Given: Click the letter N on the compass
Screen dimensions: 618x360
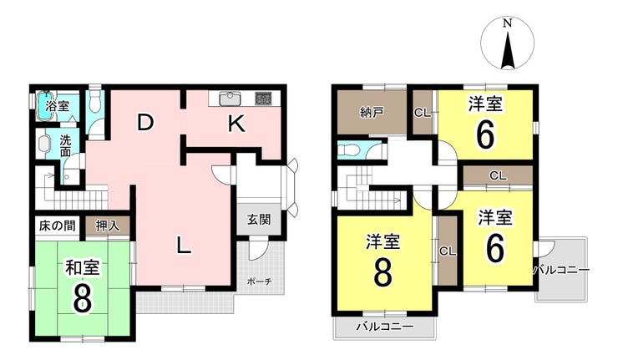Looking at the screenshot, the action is [507, 23].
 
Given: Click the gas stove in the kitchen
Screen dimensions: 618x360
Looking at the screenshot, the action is [263, 99].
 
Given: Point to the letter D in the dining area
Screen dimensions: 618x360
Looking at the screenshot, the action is [145, 123].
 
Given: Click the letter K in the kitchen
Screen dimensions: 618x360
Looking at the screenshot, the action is [236, 124].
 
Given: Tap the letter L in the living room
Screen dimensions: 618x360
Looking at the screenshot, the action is [183, 246].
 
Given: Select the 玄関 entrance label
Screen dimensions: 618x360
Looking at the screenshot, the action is [259, 220].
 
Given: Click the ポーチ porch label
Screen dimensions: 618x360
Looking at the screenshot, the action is [260, 281].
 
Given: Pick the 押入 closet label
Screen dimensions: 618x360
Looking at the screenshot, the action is [108, 226].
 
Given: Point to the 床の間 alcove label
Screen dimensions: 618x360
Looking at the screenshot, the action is [57, 226].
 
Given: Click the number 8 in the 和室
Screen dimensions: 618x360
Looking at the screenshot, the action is [82, 301].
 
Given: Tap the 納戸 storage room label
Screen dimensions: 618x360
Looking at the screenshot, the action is [372, 113].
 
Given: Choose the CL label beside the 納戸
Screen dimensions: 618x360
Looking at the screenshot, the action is [422, 113].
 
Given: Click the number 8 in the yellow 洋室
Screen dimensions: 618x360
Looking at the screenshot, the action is [383, 274].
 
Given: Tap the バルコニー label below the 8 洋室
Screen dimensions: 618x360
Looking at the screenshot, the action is [385, 327].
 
